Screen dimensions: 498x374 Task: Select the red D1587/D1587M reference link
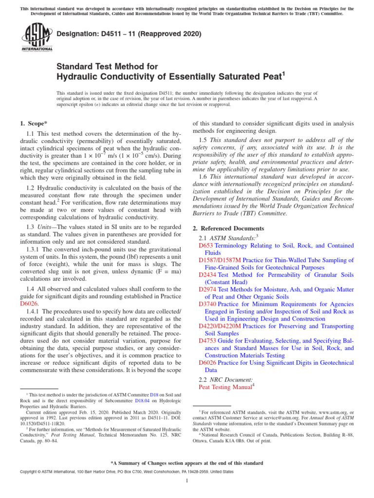pos(220,260)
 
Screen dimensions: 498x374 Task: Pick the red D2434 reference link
pos(207,275)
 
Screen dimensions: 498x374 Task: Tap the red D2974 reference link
pos(207,289)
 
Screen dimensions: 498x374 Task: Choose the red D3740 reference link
pos(207,304)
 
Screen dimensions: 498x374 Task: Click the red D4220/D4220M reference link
pos(220,326)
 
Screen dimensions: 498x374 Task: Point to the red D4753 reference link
pos(207,340)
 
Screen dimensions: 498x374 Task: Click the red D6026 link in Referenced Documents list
pos(207,363)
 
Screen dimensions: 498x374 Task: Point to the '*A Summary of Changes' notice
pos(187,463)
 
